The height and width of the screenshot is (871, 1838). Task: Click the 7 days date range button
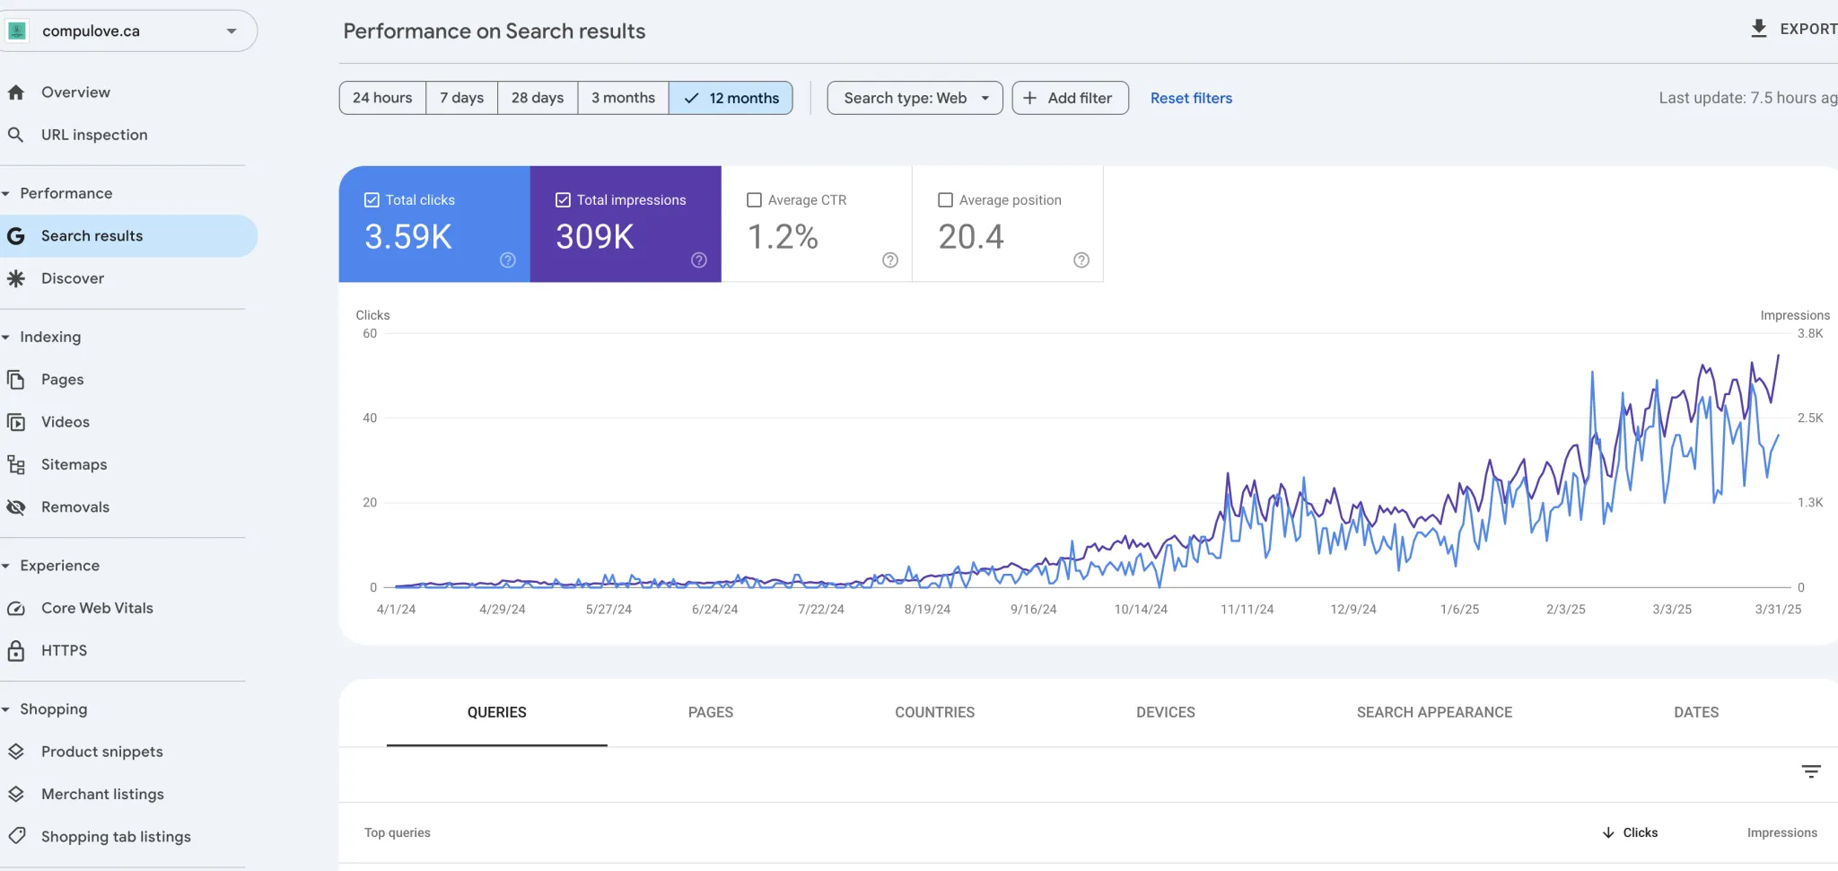pos(461,98)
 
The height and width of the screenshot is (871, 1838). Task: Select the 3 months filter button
pos(623,98)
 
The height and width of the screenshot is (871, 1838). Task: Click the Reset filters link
pos(1191,98)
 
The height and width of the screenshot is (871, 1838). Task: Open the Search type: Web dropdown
pos(915,98)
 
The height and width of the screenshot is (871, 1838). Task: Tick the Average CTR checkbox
pos(755,200)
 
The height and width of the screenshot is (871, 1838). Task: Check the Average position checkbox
pos(945,200)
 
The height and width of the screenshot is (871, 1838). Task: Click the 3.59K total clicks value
pos(408,237)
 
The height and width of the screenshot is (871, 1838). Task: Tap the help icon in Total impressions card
pos(699,260)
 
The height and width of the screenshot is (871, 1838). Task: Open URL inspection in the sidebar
pos(94,135)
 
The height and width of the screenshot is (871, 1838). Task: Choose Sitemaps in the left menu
pos(74,464)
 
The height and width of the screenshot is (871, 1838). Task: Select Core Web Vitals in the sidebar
pos(97,608)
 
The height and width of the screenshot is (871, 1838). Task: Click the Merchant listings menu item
pos(102,794)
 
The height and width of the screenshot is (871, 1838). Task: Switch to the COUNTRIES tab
pos(934,712)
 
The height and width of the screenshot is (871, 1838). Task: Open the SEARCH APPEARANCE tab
pos(1434,712)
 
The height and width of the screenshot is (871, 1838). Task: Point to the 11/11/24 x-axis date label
pos(1247,609)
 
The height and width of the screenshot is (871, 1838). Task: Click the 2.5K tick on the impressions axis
pos(1809,418)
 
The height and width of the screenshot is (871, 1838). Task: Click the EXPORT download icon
pos(1759,29)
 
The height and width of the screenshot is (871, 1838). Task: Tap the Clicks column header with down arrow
pos(1631,832)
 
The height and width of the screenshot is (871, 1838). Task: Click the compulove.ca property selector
pos(126,31)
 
